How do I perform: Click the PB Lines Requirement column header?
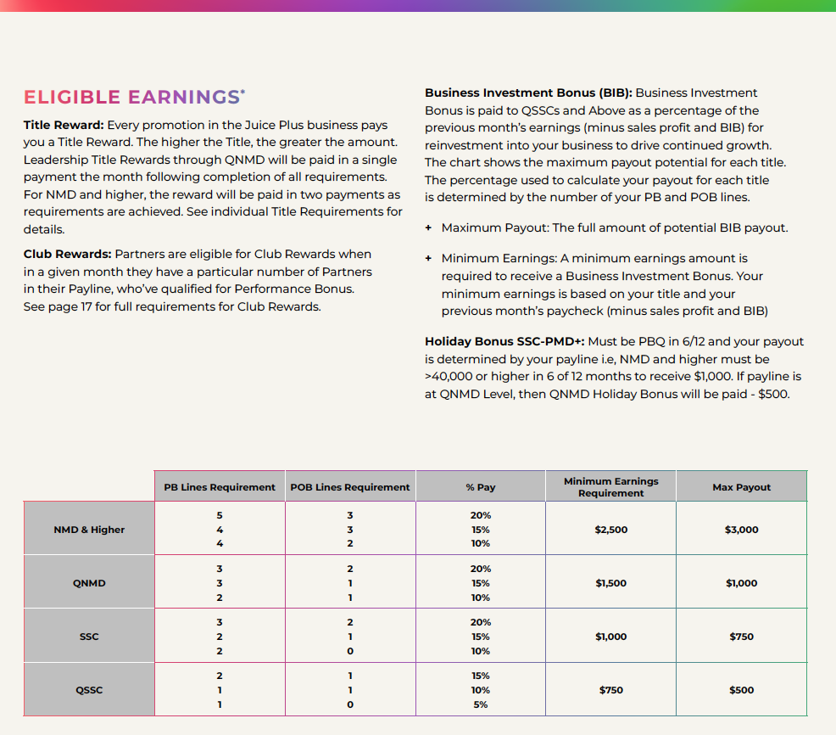click(220, 487)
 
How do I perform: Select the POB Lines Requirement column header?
click(349, 487)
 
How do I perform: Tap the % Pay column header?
click(481, 487)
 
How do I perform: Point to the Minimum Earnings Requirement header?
click(610, 487)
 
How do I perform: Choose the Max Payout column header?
click(741, 487)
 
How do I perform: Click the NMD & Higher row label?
click(89, 530)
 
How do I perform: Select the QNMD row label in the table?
click(89, 583)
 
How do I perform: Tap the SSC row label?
click(89, 637)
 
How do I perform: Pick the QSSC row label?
click(89, 690)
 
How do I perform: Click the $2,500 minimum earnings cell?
click(610, 530)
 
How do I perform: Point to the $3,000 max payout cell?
click(741, 530)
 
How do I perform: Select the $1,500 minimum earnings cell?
click(610, 583)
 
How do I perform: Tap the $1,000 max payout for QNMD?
click(741, 583)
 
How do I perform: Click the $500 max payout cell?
click(741, 690)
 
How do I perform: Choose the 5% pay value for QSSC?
click(481, 704)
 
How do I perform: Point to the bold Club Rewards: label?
click(67, 254)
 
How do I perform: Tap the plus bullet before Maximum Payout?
click(429, 227)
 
